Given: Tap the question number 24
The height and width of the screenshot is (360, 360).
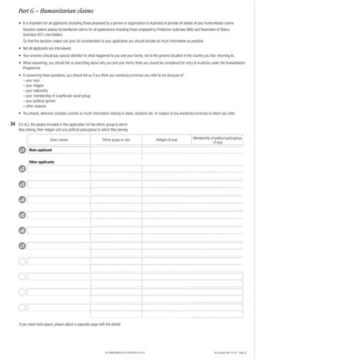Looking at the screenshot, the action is [12, 124].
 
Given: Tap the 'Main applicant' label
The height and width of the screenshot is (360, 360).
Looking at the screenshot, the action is [40, 150].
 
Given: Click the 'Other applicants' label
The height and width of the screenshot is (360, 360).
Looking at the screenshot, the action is [42, 162].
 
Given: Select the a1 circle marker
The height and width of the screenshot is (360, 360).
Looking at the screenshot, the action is [22, 151].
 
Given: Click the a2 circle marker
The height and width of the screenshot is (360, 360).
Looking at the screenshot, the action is [22, 169].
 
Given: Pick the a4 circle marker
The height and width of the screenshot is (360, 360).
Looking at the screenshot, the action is [22, 200].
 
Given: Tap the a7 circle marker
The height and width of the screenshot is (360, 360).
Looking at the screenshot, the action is [22, 246].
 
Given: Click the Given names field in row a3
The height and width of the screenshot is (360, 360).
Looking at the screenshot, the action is [58, 185].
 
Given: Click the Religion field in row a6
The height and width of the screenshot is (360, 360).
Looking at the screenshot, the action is [166, 231].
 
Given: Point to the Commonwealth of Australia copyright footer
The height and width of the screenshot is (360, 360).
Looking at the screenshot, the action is [115, 352].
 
